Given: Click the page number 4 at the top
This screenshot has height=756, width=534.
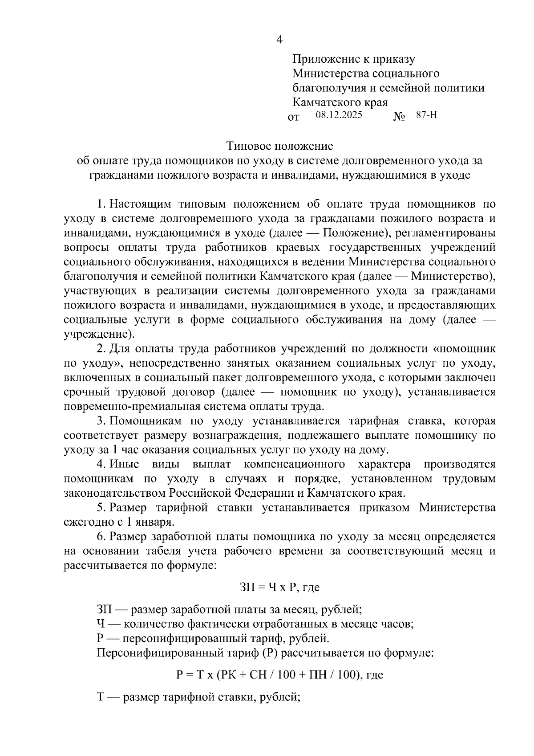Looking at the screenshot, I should [x=279, y=40].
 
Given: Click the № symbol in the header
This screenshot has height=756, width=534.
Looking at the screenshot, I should [x=399, y=117].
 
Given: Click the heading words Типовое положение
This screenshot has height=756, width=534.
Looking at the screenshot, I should [x=279, y=146].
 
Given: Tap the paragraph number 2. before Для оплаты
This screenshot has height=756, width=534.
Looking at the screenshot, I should [x=101, y=349].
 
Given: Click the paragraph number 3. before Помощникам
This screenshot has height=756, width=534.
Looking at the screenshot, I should [x=101, y=421].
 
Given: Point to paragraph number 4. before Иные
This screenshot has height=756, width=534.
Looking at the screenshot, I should [x=101, y=464].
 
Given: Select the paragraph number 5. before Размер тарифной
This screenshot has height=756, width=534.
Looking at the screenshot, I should [x=101, y=507].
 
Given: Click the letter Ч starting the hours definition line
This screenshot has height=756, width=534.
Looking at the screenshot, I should [x=100, y=624].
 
